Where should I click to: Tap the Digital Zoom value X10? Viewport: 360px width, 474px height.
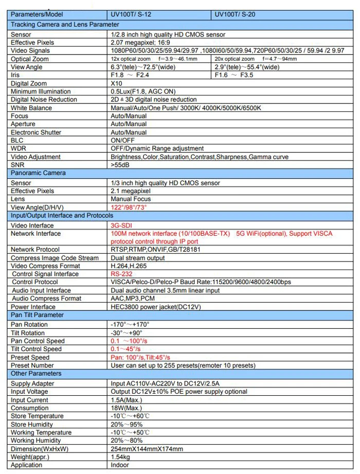click(116, 83)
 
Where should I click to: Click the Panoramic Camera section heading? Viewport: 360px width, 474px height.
click(38, 173)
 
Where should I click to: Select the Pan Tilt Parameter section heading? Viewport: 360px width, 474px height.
click(37, 315)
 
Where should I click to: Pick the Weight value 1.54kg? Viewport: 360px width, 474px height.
click(121, 457)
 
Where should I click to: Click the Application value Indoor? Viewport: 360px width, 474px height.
click(120, 465)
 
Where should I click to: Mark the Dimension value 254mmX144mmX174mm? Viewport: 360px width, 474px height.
click(147, 449)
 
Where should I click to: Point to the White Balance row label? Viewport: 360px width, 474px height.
click(31, 108)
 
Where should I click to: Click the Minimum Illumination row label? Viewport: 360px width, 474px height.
click(44, 92)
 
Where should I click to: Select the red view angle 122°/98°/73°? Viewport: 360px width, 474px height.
click(129, 207)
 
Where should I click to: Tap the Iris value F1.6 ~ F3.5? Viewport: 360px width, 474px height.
click(235, 75)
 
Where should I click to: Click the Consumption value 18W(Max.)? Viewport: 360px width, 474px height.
click(126, 408)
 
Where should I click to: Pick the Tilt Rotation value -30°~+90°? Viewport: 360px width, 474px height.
click(127, 333)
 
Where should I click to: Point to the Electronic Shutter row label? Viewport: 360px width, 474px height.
click(36, 132)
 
